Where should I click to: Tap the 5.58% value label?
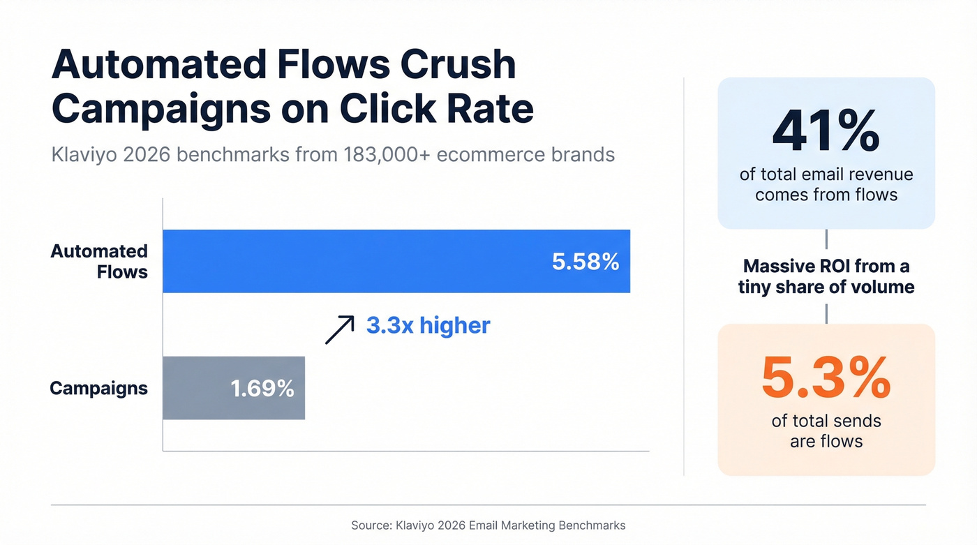tap(585, 262)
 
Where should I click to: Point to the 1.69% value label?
tap(262, 389)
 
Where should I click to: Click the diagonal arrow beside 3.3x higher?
tap(340, 329)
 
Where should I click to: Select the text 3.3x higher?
tap(428, 325)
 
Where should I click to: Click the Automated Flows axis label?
tap(99, 261)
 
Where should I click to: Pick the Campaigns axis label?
tap(98, 389)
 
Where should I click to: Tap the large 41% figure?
tap(826, 131)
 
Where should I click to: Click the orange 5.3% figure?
tap(826, 377)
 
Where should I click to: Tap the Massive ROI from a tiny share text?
tap(826, 276)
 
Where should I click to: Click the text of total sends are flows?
tap(826, 431)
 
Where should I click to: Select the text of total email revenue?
tap(826, 174)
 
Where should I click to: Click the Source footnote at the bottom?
tap(488, 525)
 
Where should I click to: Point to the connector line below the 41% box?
tap(826, 239)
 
